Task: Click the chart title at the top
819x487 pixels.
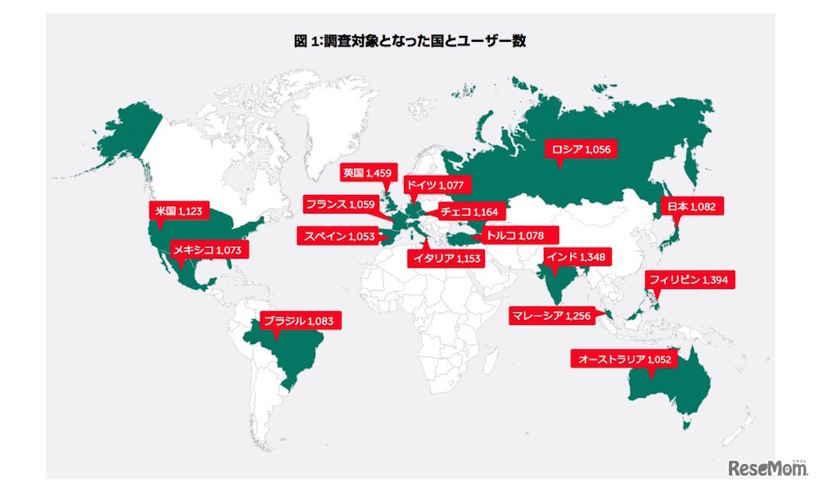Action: (x=409, y=41)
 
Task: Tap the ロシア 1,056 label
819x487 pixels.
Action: (x=581, y=149)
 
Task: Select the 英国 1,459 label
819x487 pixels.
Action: (x=369, y=173)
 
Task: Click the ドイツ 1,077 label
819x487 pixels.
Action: (x=435, y=185)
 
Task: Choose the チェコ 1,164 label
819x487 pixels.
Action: (x=469, y=211)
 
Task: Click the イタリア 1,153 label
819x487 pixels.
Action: (x=446, y=259)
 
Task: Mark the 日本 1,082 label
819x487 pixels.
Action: (x=691, y=207)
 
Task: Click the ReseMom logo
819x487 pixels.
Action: (x=766, y=468)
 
